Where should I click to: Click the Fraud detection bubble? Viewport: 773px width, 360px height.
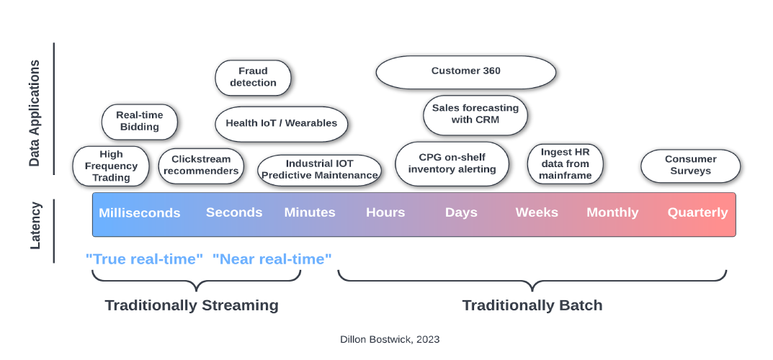coord(253,77)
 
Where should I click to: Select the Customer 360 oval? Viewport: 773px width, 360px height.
coord(466,72)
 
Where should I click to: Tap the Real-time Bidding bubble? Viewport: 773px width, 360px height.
coord(140,121)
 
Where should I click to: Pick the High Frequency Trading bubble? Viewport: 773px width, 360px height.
coord(111,166)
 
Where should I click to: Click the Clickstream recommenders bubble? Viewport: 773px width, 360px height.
coord(201,166)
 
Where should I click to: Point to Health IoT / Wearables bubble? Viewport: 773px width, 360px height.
coord(282,124)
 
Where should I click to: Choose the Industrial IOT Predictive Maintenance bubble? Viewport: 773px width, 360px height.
coord(319,170)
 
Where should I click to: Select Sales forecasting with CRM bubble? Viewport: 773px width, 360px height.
coord(475,114)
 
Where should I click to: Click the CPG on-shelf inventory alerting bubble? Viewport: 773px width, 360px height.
coord(452,164)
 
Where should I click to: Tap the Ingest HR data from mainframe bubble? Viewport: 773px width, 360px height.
coord(565,164)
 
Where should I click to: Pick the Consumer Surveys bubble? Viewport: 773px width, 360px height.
coord(691,166)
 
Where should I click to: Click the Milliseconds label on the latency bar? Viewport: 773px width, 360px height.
coord(140,212)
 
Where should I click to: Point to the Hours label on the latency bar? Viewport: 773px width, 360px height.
coord(385,212)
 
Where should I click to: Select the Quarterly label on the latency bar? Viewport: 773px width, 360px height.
coord(697,212)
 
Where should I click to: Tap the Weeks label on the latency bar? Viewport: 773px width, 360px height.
coord(537,212)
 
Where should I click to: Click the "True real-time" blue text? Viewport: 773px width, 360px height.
coord(145,258)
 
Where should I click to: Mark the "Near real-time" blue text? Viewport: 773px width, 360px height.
coord(272,258)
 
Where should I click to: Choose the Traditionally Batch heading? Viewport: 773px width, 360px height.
coord(532,305)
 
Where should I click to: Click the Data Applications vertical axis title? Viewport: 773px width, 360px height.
coord(34,113)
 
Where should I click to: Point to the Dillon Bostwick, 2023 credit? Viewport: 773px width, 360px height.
coord(390,339)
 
